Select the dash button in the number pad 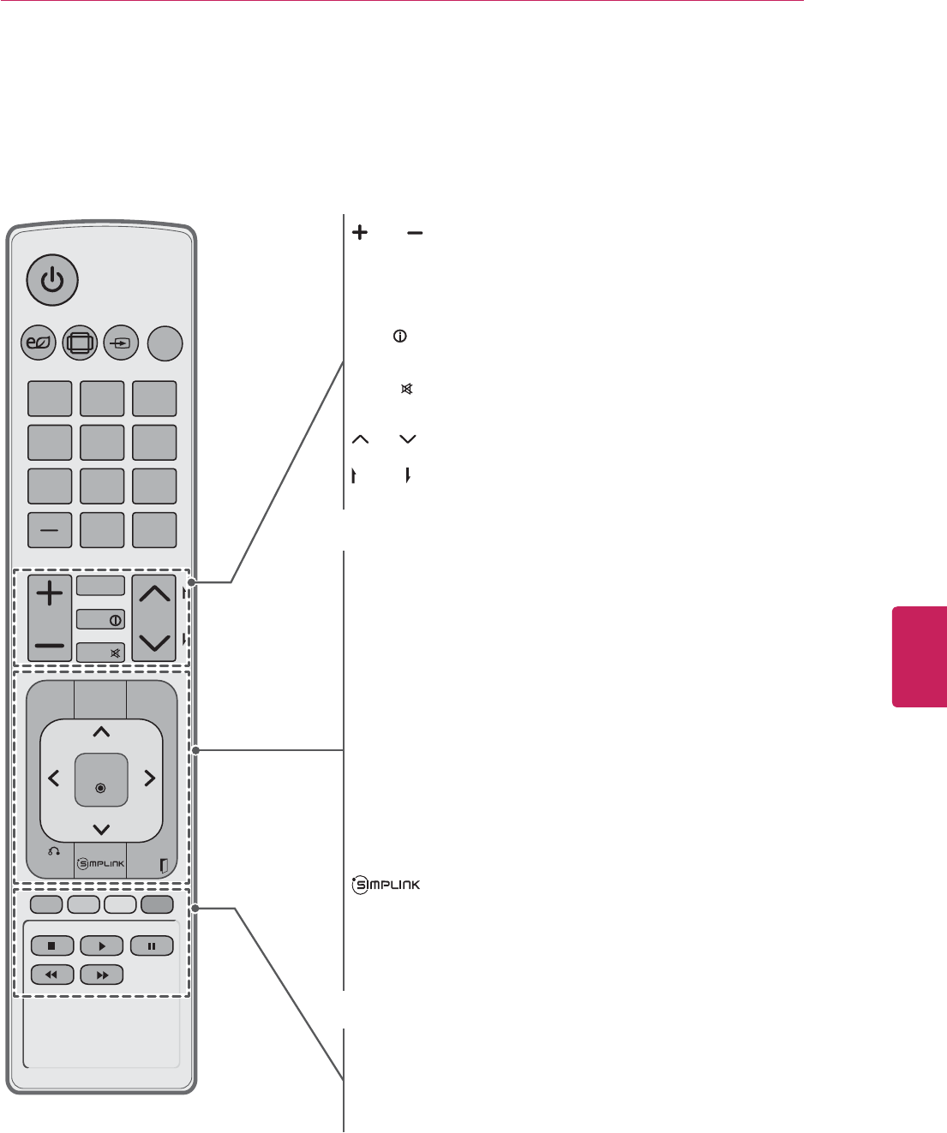(50, 530)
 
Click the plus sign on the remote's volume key (50, 593)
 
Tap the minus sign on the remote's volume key (50, 644)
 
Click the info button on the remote (101, 619)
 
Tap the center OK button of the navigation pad (101, 780)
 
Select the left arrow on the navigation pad (54, 778)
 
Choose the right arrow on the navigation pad (149, 778)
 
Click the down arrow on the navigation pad (101, 828)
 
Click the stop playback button (51, 946)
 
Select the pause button (152, 946)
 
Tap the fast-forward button (101, 975)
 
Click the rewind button (51, 975)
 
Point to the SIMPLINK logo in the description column (386, 885)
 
